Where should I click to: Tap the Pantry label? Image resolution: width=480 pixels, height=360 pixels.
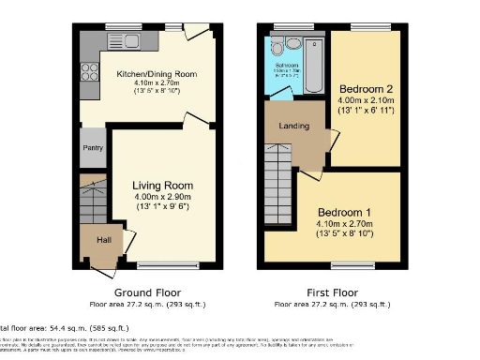[x=94, y=147]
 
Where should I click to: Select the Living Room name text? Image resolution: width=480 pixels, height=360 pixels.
[x=162, y=186]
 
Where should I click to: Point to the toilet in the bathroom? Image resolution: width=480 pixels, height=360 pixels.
[x=292, y=43]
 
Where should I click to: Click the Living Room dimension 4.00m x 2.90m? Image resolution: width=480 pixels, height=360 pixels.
[x=162, y=198]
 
